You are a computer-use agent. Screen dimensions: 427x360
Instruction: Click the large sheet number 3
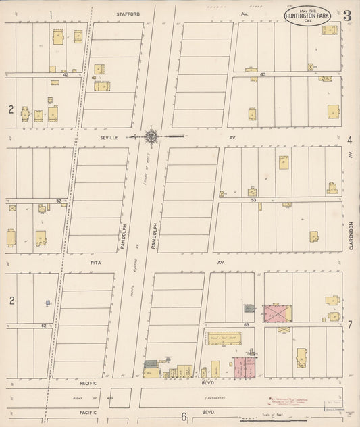click(x=346, y=16)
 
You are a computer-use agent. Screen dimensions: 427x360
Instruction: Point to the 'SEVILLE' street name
click(x=108, y=136)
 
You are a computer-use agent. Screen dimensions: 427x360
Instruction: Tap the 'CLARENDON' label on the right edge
click(x=352, y=236)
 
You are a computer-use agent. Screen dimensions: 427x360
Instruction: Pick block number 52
click(x=59, y=200)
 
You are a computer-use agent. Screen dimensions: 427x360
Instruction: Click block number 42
click(x=66, y=75)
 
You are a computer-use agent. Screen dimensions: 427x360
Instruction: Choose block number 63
click(x=247, y=325)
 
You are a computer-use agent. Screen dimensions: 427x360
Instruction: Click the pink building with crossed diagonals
click(x=277, y=312)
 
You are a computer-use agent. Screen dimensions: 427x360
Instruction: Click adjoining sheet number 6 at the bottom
click(x=182, y=417)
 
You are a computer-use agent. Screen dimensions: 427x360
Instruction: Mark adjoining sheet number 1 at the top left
click(x=51, y=14)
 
